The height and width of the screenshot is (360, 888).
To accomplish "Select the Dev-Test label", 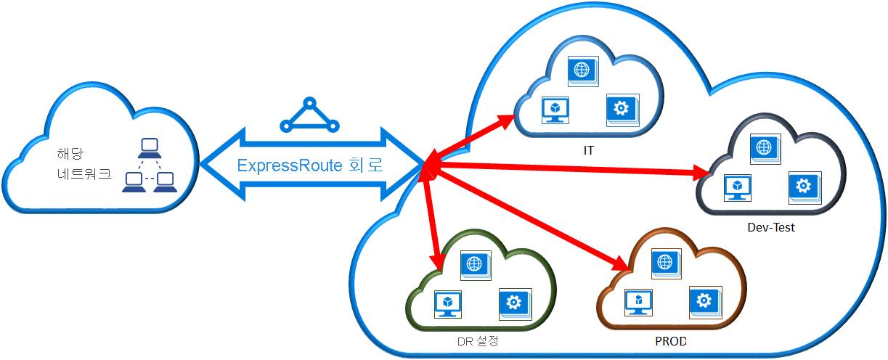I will click(x=770, y=227).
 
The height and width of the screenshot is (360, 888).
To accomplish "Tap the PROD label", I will click(x=670, y=340).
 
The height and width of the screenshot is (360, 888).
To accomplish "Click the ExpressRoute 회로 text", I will click(x=310, y=165).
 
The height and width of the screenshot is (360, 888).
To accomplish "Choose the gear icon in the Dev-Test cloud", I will click(x=803, y=187).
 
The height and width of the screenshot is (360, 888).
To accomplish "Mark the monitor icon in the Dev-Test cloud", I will click(x=738, y=188).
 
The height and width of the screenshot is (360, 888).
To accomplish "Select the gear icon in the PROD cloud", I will click(x=703, y=301).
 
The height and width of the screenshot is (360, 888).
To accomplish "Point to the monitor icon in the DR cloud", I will click(x=447, y=303).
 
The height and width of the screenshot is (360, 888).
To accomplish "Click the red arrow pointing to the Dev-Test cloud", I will click(x=566, y=170).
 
